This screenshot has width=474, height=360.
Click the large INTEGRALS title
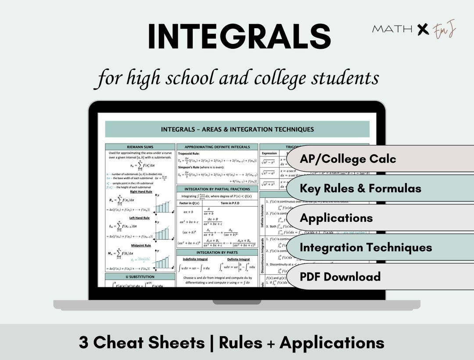[239, 37]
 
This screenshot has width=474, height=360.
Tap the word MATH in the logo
[392, 29]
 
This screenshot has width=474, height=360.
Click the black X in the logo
[423, 29]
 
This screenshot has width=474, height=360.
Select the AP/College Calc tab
[348, 159]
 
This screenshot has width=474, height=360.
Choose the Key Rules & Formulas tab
[360, 188]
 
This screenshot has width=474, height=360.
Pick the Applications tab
[336, 218]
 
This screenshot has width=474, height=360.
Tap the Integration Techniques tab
[366, 247]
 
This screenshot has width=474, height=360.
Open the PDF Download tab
[340, 277]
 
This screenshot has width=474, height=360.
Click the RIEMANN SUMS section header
[140, 147]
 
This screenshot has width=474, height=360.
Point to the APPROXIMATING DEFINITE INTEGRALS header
[217, 147]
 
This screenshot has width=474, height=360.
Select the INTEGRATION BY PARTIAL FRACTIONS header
[217, 189]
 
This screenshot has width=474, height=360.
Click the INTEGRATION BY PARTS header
[217, 252]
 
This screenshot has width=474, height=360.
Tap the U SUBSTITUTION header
[140, 277]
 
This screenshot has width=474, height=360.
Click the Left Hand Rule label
[140, 218]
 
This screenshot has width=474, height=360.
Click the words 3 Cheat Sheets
[141, 342]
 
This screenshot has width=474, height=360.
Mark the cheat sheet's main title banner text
[237, 130]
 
